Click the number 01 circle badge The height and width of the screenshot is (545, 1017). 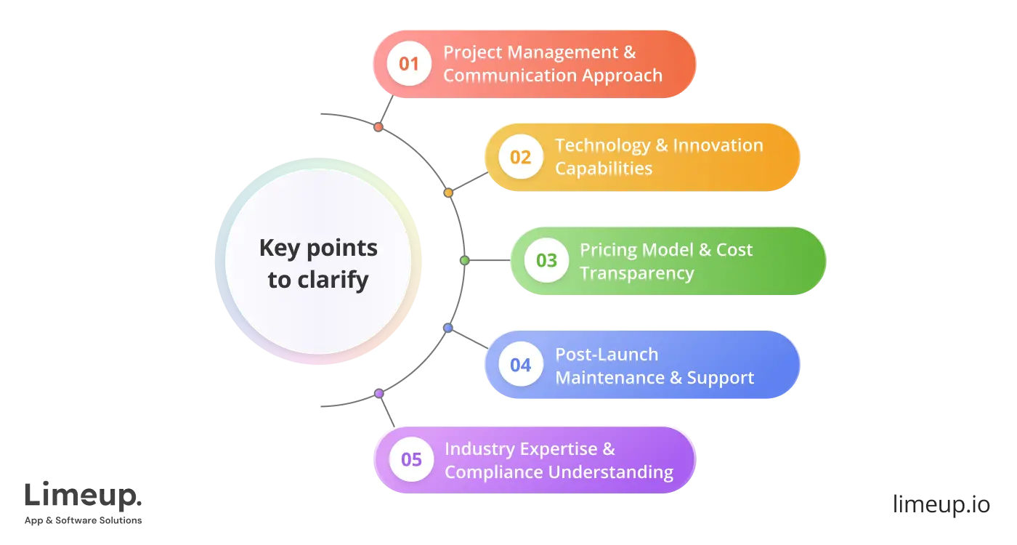[x=409, y=64]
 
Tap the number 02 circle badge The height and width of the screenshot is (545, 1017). [x=521, y=158]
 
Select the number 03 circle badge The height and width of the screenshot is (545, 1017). [x=546, y=261]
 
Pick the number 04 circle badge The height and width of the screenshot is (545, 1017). [x=521, y=365]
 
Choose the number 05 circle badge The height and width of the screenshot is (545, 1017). [x=411, y=459]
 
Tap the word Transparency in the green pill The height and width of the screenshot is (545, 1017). [x=636, y=273]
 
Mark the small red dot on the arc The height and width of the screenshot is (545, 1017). [x=378, y=127]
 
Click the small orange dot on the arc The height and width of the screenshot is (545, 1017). [x=448, y=193]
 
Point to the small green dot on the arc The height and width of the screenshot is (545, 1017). [x=465, y=260]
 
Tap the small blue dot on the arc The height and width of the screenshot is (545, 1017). [x=448, y=328]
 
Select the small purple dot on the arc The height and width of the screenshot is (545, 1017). [x=378, y=393]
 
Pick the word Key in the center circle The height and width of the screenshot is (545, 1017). [x=279, y=249]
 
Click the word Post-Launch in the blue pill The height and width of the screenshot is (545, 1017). [x=607, y=355]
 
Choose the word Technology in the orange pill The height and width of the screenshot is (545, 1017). [x=602, y=145]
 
